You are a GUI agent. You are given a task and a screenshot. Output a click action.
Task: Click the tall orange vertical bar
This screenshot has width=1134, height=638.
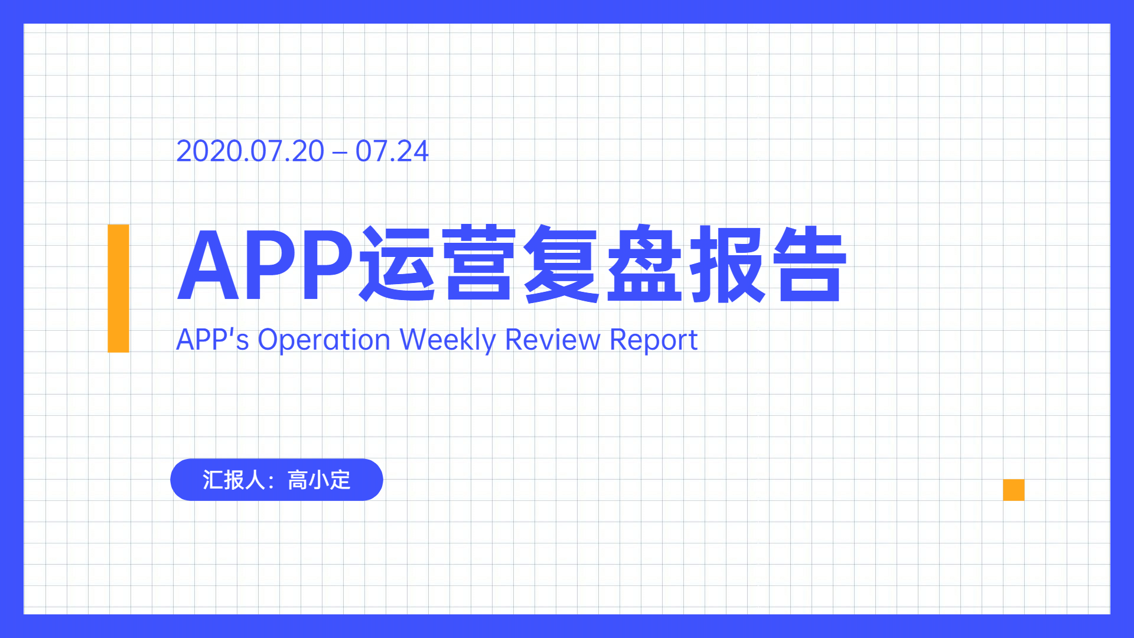(118, 288)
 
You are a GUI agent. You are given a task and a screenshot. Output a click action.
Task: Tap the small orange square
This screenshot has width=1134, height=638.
(1014, 490)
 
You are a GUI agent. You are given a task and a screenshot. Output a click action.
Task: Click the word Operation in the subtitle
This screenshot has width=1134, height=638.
(324, 341)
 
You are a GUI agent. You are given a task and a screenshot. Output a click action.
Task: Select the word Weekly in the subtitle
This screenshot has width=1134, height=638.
(448, 341)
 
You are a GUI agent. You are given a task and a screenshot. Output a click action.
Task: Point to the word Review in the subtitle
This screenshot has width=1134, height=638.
(553, 340)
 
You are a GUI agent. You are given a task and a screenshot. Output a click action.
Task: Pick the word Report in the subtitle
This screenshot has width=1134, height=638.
(653, 341)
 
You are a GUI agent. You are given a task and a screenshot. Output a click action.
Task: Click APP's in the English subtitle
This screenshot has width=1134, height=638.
(213, 340)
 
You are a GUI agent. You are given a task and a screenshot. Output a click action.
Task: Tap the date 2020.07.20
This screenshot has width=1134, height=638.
(250, 151)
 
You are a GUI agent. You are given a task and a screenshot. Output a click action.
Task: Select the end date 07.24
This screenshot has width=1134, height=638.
(392, 151)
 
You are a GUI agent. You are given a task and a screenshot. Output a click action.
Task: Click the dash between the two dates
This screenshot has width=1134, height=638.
(340, 153)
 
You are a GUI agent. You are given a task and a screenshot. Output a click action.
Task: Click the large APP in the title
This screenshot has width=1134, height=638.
(266, 264)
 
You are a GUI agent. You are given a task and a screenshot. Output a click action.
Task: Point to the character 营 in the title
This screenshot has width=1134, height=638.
(479, 263)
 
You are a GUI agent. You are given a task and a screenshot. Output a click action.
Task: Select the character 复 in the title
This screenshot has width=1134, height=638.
(562, 263)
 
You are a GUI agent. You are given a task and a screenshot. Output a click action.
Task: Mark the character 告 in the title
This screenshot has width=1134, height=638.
(810, 263)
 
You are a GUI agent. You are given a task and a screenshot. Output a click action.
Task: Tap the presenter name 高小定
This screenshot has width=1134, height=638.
(319, 480)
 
